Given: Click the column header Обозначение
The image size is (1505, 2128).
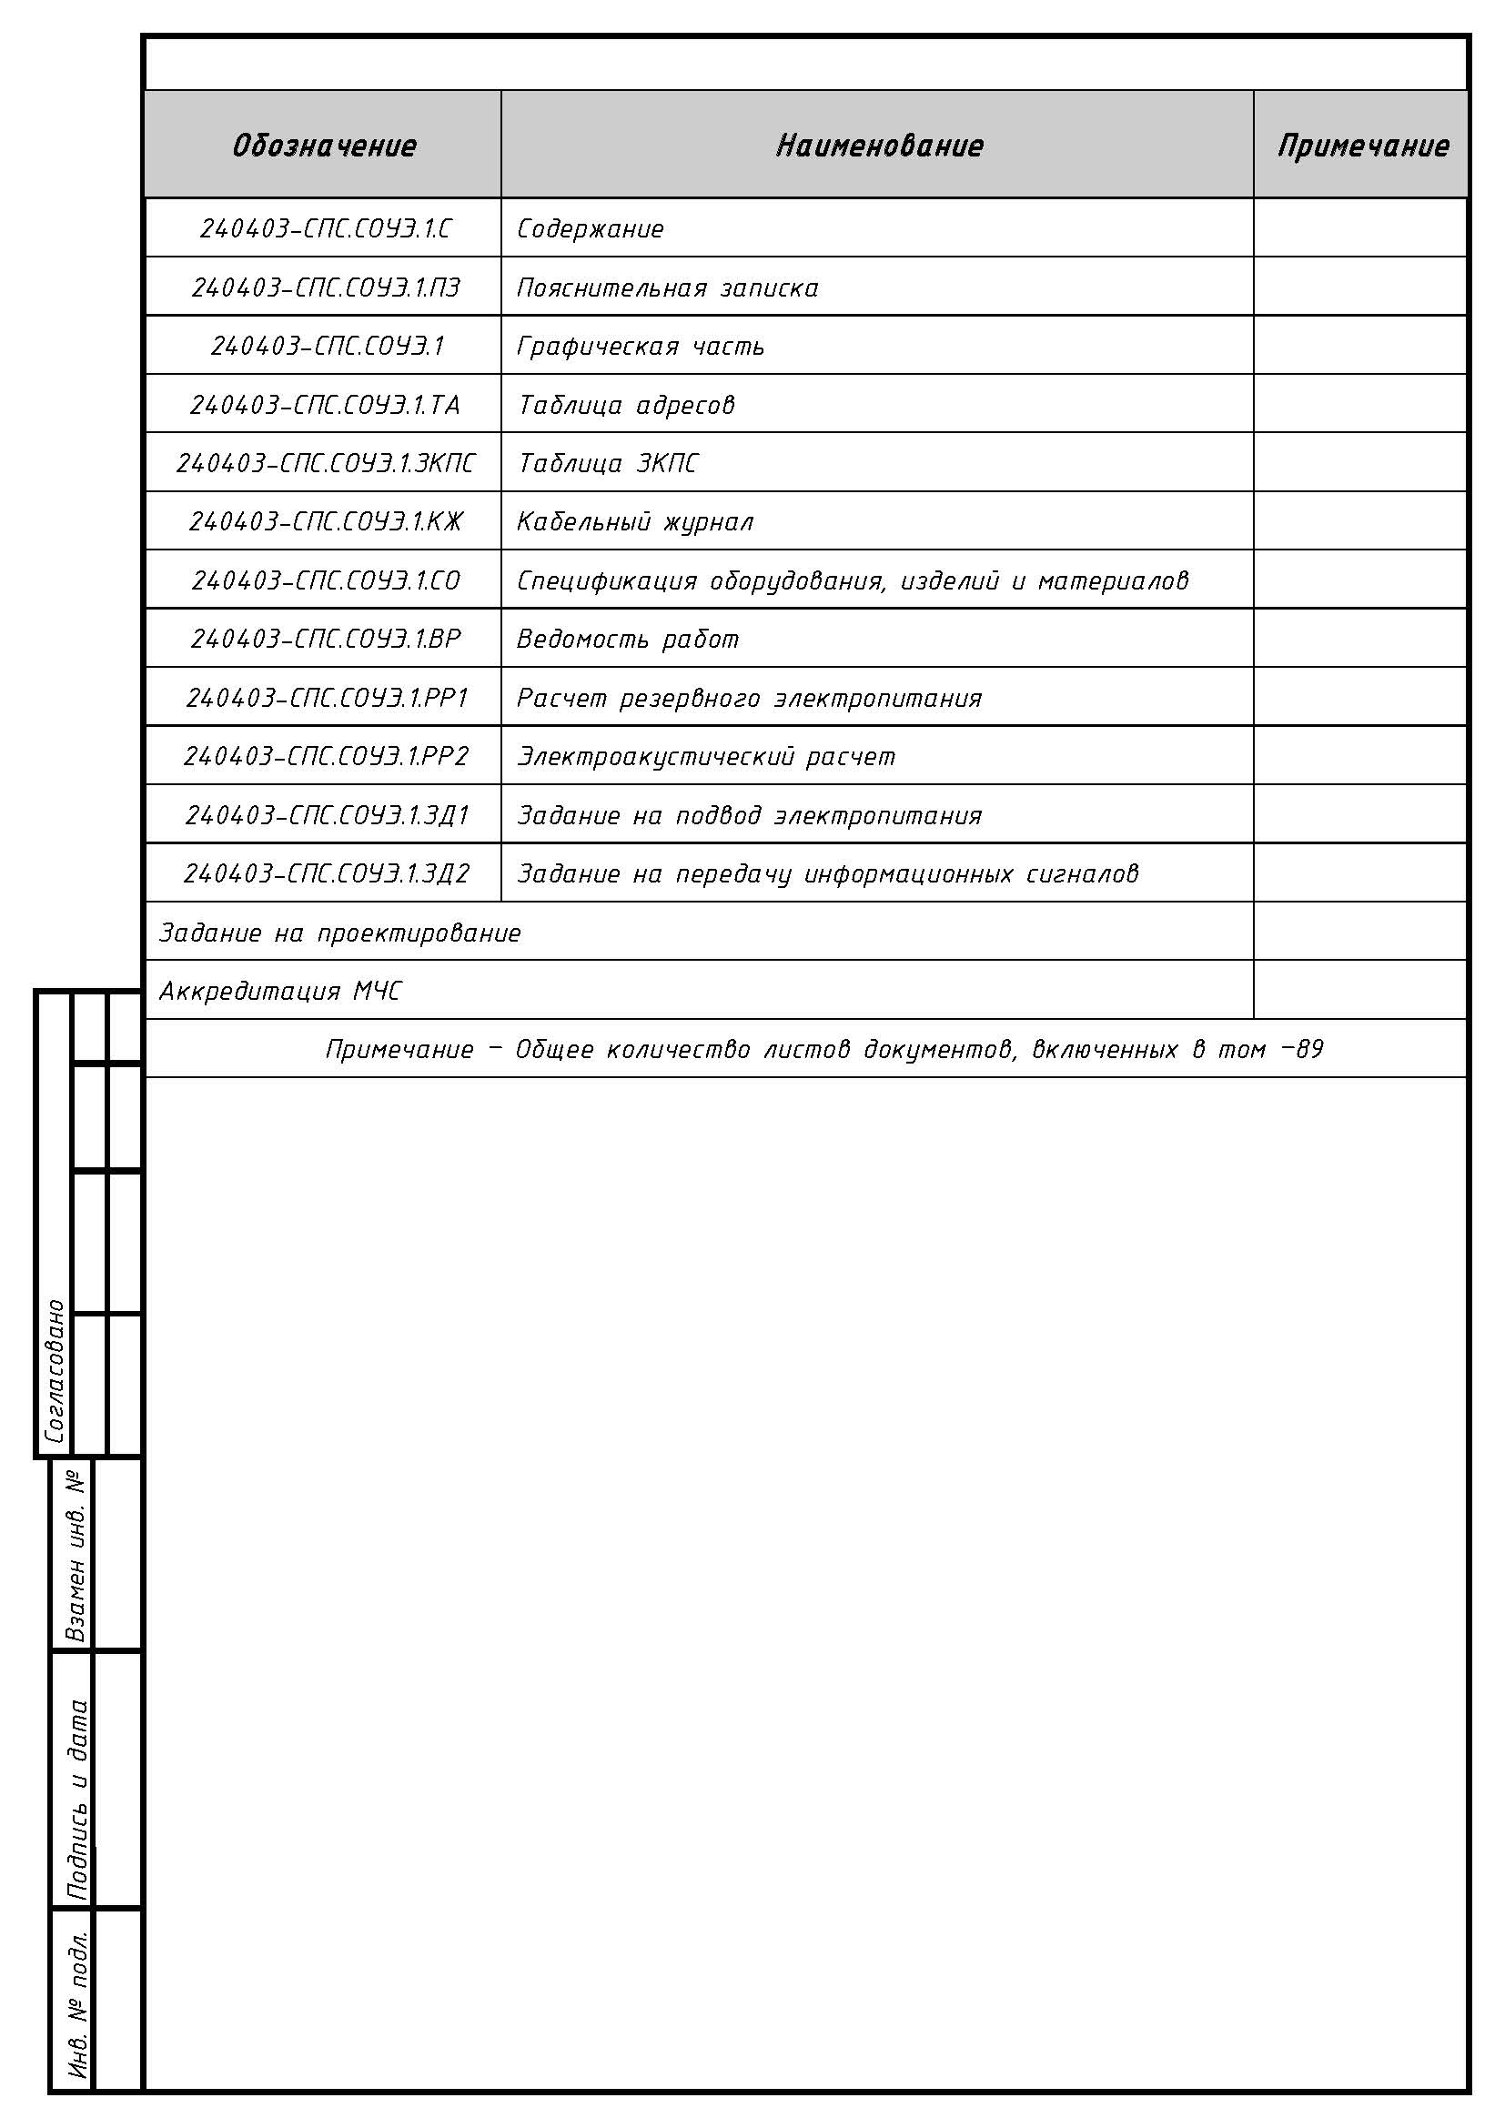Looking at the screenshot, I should coord(323,146).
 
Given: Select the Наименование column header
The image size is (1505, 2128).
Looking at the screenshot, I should coord(879,146).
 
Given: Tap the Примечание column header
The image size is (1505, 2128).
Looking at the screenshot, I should coord(1362,146).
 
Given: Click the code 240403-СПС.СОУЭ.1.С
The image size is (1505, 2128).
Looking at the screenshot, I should coord(325,228).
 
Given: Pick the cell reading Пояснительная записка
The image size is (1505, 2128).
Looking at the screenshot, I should coord(667,288).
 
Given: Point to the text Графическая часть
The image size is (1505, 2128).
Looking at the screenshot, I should coord(641,347).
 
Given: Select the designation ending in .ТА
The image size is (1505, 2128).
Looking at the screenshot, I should coord(325,405).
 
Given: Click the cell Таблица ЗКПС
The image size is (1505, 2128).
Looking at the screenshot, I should coord(607,463).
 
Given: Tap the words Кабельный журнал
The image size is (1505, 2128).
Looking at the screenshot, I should coord(635,522).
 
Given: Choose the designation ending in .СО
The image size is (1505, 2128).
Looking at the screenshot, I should coord(325,580).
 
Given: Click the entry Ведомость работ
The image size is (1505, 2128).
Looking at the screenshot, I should coord(628,640).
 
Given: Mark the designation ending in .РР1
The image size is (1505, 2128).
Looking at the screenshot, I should coord(328,698).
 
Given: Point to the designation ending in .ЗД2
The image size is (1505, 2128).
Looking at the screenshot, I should coord(327,873).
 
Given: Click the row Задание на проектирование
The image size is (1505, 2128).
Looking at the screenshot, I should coord(340,933).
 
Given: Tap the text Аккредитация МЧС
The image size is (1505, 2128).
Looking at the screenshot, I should coord(280,992).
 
